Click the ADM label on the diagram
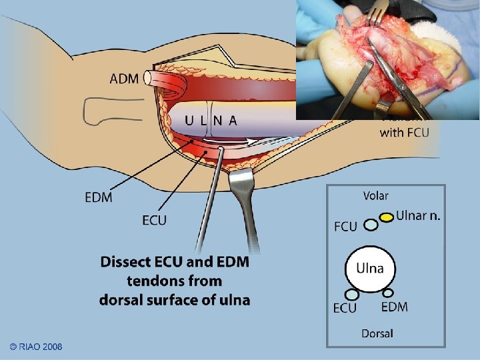click(124, 79)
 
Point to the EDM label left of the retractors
click(99, 197)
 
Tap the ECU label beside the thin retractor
click(154, 220)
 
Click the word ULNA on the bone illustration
click(211, 121)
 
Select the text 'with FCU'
click(404, 132)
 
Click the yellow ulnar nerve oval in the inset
click(387, 217)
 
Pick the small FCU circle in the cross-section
click(371, 225)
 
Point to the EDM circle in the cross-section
click(387, 292)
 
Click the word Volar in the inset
click(375, 196)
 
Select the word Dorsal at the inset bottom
click(377, 333)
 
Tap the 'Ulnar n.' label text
click(418, 215)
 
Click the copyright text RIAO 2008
click(36, 347)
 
